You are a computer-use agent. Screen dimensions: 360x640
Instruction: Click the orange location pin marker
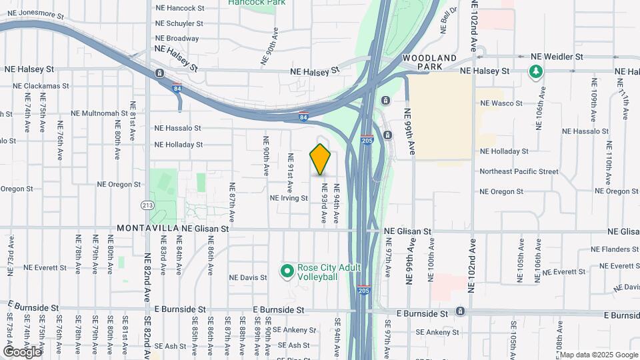coord(321,159)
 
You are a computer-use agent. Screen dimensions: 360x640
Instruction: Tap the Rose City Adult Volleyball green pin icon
coord(287,271)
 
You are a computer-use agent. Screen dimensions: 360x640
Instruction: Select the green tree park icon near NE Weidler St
coord(535,71)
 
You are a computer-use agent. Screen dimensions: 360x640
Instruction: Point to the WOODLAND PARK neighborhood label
coord(431,62)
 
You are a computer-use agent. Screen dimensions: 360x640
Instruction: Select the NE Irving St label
coord(289,198)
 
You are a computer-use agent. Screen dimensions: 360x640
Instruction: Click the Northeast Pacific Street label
coord(519,171)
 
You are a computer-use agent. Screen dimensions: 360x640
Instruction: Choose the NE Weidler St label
coord(556,57)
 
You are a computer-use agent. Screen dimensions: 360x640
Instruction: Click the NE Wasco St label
coord(501,103)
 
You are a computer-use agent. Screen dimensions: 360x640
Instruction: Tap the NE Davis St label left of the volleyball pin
coord(247,277)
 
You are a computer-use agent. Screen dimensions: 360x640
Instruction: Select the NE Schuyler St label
coord(179,23)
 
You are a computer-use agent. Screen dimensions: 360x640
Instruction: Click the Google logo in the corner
coord(21,351)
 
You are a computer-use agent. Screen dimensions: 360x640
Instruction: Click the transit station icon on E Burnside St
coord(460,311)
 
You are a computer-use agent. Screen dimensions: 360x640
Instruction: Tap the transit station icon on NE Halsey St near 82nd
coord(159,73)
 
